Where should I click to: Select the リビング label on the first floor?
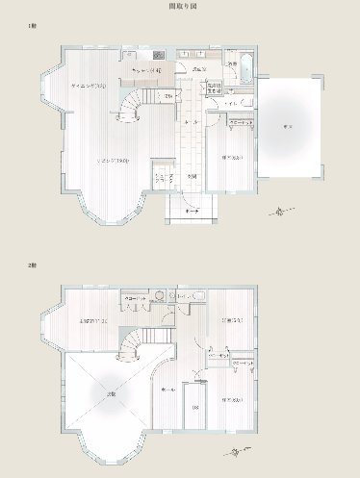[x=108, y=161]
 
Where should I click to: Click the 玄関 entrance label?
[x=193, y=175]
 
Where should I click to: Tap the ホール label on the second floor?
[x=168, y=389]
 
